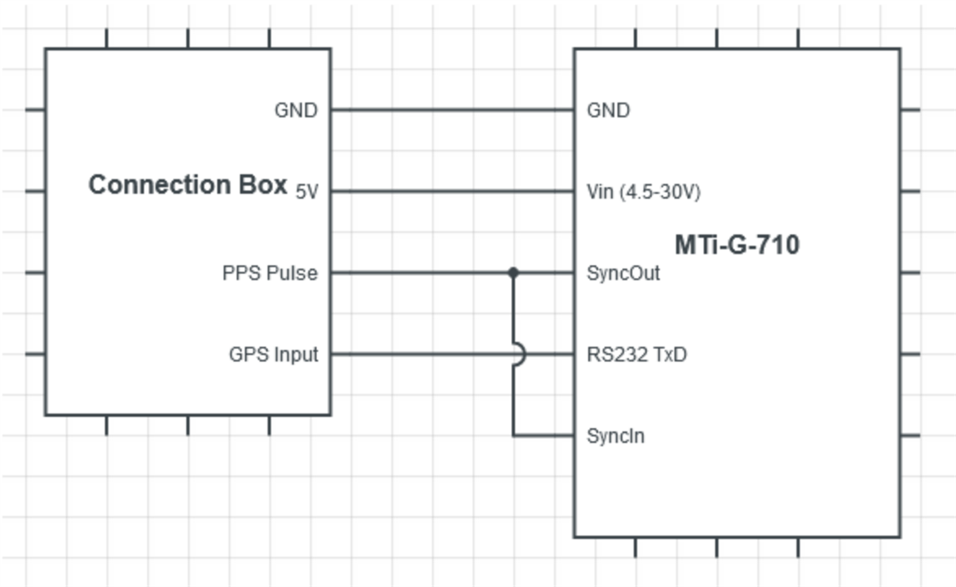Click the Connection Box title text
187,185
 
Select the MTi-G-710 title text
737,245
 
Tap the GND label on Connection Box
296,110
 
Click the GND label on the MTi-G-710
608,110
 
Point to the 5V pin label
306,192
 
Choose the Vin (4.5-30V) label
643,192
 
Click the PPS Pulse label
270,273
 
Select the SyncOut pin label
623,273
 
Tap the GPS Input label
274,355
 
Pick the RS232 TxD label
637,355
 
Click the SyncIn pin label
615,436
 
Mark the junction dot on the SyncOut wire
513,272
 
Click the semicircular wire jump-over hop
519,355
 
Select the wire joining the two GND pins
452,109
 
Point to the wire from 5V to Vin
452,192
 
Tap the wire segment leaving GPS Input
416,354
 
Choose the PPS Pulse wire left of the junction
420,272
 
